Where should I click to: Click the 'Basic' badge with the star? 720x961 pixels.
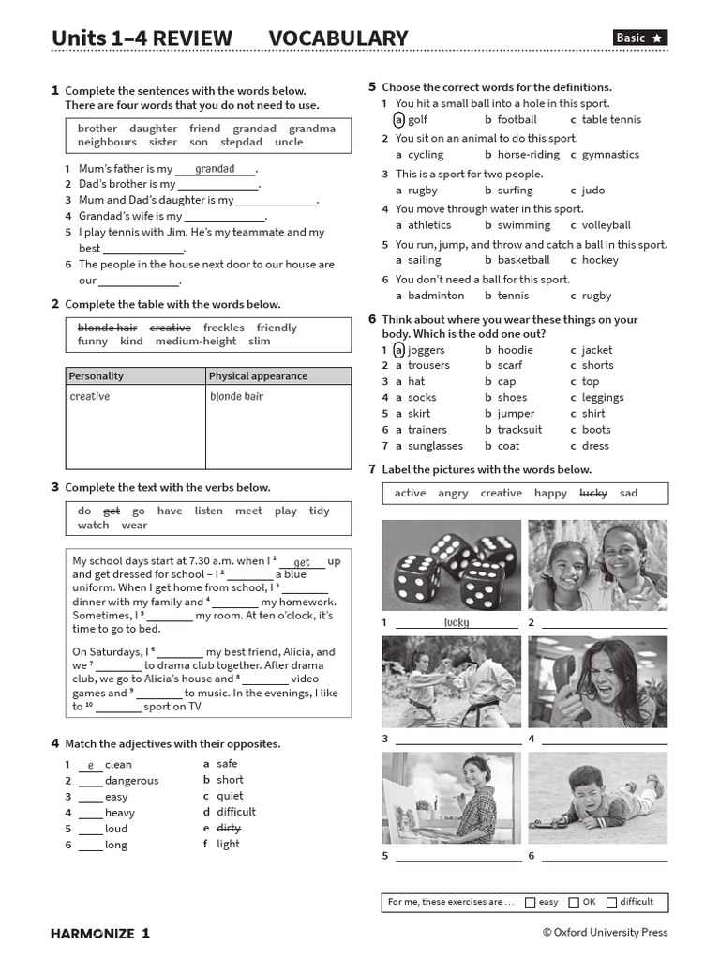click(x=640, y=38)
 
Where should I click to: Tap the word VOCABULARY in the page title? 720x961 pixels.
click(x=338, y=38)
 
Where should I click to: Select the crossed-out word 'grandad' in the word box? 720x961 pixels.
click(x=254, y=129)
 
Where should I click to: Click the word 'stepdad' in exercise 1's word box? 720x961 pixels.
click(x=241, y=143)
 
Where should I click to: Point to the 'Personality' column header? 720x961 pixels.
click(x=97, y=376)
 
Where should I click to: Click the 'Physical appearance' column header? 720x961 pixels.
click(x=258, y=376)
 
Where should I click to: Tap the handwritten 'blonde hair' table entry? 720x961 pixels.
click(x=236, y=397)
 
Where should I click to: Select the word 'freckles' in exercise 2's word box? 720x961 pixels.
click(x=223, y=328)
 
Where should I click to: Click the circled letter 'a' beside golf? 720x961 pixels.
click(x=398, y=120)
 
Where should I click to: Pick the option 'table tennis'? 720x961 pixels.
click(x=611, y=120)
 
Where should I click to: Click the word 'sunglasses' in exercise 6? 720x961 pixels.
click(x=435, y=447)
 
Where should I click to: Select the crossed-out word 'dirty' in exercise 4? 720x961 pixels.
click(x=229, y=829)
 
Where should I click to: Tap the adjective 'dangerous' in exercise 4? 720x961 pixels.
click(x=131, y=781)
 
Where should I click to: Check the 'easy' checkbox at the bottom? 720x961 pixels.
click(x=531, y=903)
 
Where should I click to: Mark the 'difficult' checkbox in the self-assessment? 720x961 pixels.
click(x=611, y=903)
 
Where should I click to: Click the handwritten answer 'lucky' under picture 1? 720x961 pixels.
click(x=457, y=622)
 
